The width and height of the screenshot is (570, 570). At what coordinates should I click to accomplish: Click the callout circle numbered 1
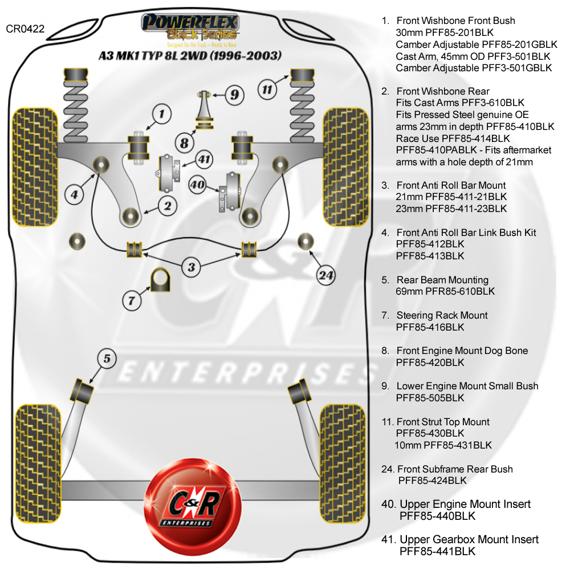(161, 114)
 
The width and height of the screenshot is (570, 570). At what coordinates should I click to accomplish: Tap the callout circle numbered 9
(234, 95)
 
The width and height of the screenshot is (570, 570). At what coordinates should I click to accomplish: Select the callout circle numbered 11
(268, 89)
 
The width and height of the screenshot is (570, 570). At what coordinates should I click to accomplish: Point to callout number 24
(325, 276)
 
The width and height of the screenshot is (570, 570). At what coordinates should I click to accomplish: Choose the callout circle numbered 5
(107, 359)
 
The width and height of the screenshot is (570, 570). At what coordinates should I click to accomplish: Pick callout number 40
(197, 184)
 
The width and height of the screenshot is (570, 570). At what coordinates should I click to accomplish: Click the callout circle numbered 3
(192, 266)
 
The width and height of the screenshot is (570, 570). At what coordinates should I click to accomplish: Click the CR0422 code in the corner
(25, 28)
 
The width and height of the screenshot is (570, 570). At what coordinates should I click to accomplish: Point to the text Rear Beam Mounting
(443, 280)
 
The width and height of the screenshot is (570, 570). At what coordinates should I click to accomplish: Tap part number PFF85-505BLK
(430, 398)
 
